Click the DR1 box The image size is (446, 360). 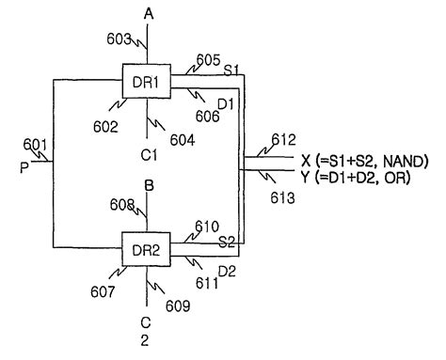coord(144,80)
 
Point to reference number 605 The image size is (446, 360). coord(208,60)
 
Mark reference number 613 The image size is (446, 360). coord(282,198)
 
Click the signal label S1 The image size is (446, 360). coord(230,70)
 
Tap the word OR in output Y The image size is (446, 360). coord(398,175)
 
